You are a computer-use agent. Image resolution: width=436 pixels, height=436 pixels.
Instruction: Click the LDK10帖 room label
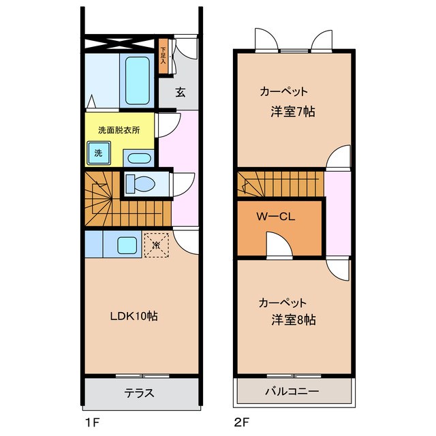point(135,316)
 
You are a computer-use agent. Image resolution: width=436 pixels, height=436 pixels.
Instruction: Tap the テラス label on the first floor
point(139,393)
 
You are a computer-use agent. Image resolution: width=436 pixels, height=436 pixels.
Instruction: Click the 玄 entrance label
point(181,93)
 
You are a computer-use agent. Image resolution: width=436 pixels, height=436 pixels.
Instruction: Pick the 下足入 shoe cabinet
point(163,54)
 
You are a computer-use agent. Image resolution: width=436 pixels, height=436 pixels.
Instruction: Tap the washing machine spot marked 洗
point(99,153)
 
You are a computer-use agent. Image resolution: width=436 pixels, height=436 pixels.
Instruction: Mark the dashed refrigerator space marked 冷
point(156,244)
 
